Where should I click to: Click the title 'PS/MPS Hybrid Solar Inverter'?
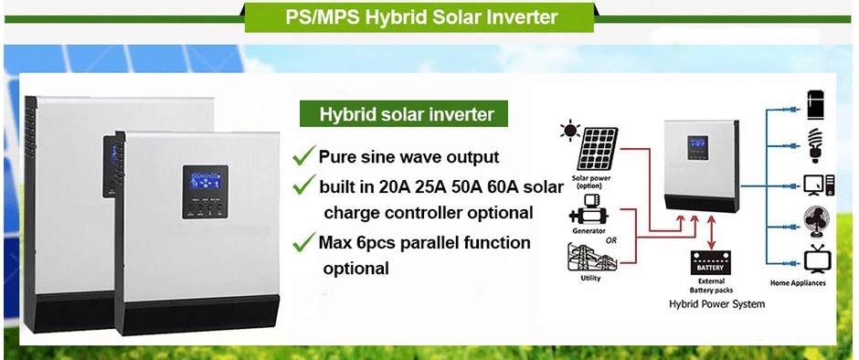(x=421, y=17)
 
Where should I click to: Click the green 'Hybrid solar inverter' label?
(x=404, y=114)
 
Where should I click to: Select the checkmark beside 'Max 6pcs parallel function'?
(x=304, y=242)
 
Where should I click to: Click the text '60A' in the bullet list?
(x=509, y=186)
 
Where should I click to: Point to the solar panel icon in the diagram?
(x=597, y=149)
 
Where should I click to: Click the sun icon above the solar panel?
(x=570, y=131)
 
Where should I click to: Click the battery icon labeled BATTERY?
(x=711, y=264)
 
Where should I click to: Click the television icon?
(x=817, y=259)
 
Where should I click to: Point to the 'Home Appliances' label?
(x=798, y=283)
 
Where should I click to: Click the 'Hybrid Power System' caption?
(x=716, y=303)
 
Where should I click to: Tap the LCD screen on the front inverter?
(x=205, y=181)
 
